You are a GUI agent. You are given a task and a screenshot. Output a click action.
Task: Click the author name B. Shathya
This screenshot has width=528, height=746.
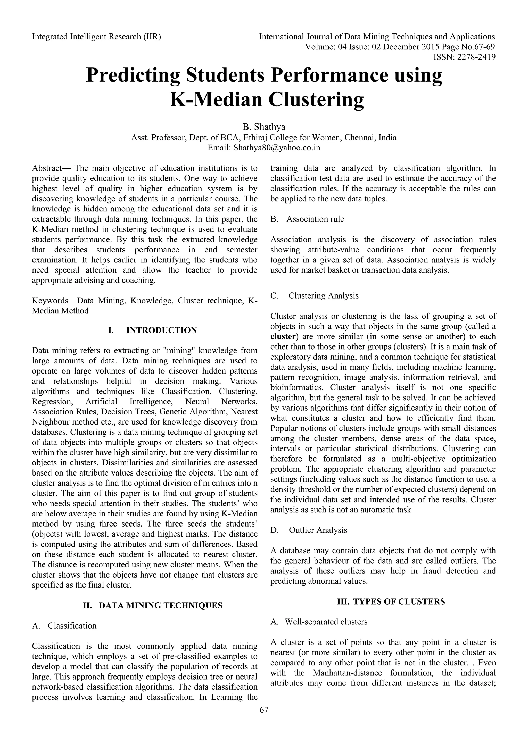(x=264, y=127)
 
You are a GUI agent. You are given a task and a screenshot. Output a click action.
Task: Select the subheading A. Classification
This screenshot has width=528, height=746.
(x=64, y=626)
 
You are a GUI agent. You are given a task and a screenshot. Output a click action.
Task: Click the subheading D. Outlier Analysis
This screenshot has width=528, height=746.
(x=309, y=530)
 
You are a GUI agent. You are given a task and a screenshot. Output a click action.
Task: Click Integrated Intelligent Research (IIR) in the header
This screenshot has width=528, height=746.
(x=97, y=37)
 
